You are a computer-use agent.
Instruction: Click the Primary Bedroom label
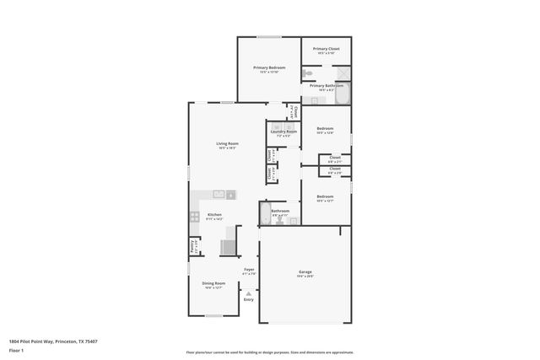[269, 67]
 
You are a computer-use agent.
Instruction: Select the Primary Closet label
[326, 49]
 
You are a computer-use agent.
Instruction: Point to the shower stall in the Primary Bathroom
[344, 73]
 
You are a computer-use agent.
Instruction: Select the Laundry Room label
[283, 132]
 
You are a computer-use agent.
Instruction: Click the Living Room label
[227, 143]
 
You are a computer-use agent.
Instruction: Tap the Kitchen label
[214, 215]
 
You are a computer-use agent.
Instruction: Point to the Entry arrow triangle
[248, 292]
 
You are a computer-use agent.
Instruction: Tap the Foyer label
[248, 270]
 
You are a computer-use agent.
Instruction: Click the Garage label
[305, 271]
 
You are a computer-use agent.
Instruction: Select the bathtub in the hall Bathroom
[266, 211]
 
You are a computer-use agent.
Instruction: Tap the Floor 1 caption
[17, 350]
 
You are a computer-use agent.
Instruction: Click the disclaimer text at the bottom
[269, 352]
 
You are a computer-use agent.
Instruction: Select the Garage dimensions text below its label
[305, 277]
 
